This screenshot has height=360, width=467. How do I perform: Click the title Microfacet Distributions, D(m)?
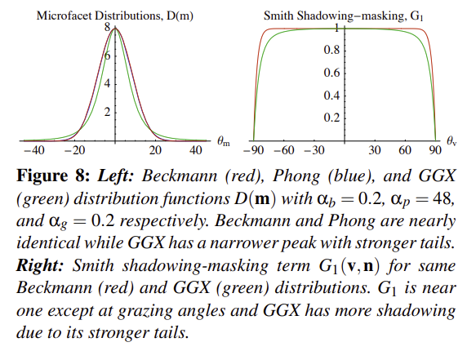pos(115,16)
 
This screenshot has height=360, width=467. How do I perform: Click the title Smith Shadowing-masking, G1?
pos(343,16)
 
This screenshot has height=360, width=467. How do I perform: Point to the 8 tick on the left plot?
pos(107,28)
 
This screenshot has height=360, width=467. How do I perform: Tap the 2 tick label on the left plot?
pos(107,112)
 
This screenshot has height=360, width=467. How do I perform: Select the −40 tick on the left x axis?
pos(34,150)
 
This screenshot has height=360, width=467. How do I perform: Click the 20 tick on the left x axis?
pos(155,150)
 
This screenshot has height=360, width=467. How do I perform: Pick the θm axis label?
pos(224,141)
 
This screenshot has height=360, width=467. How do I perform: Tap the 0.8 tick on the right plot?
pos(331,50)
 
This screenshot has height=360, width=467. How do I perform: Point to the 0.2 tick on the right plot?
pos(331,118)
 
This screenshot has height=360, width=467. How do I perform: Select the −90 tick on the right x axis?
pos(254,150)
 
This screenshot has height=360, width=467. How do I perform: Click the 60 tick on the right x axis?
pos(405,150)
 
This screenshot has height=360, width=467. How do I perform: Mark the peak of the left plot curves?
pos(115,29)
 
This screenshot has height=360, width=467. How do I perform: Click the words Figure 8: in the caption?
pos(53,176)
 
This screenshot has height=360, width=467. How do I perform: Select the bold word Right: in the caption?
pos(40,265)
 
